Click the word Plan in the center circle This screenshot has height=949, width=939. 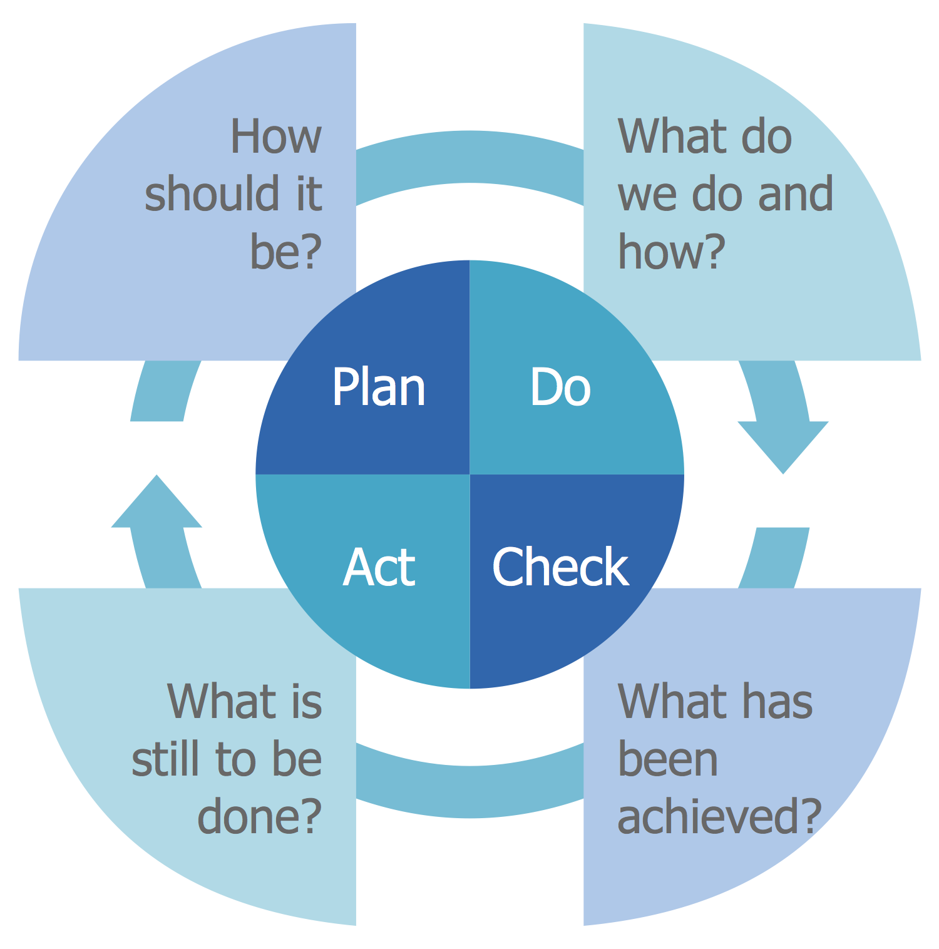(x=379, y=387)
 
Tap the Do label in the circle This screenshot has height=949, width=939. (x=560, y=387)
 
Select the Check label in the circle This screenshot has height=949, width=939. (x=560, y=567)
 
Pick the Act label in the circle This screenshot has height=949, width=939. (x=379, y=567)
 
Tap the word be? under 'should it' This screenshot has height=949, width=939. (x=286, y=251)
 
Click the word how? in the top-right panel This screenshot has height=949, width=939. (x=671, y=251)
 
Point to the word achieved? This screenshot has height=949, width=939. (x=719, y=816)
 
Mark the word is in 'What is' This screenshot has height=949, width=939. (x=307, y=702)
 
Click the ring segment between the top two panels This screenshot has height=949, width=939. (x=469, y=156)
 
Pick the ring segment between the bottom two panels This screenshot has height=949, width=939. (x=469, y=792)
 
